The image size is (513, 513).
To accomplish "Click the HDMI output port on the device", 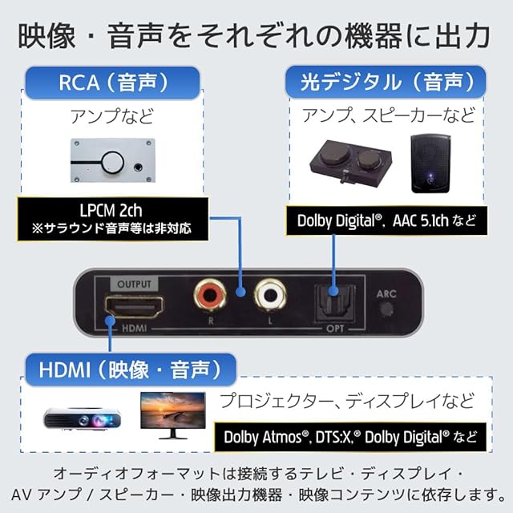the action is coord(134,308).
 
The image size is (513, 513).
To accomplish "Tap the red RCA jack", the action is coord(210,296).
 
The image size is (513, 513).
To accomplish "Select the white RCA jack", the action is coord(270,296).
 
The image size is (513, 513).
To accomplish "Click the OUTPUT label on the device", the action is coord(134,284).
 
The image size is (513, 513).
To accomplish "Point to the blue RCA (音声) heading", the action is coord(112,83).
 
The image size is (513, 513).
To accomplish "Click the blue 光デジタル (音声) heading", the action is coord(386,82).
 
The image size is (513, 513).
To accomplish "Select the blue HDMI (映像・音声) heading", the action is coord(130,370).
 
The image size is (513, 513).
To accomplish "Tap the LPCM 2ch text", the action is coord(111,210).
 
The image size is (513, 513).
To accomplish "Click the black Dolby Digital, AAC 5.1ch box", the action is coord(386,220).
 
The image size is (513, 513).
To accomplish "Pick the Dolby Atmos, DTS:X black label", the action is coord(350,437).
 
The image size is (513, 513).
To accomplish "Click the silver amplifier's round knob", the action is coord(112,162).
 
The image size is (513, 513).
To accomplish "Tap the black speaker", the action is coord(430,164).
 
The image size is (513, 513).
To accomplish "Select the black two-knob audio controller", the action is coord(350,162).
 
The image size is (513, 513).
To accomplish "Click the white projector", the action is coord(82,418).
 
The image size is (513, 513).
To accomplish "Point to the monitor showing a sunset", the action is coord(173,415).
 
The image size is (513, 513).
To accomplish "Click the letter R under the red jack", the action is coord(211,321).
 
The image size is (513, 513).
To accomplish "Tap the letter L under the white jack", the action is coord(270,321).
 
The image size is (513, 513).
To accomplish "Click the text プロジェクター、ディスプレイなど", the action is coord(347,401).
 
